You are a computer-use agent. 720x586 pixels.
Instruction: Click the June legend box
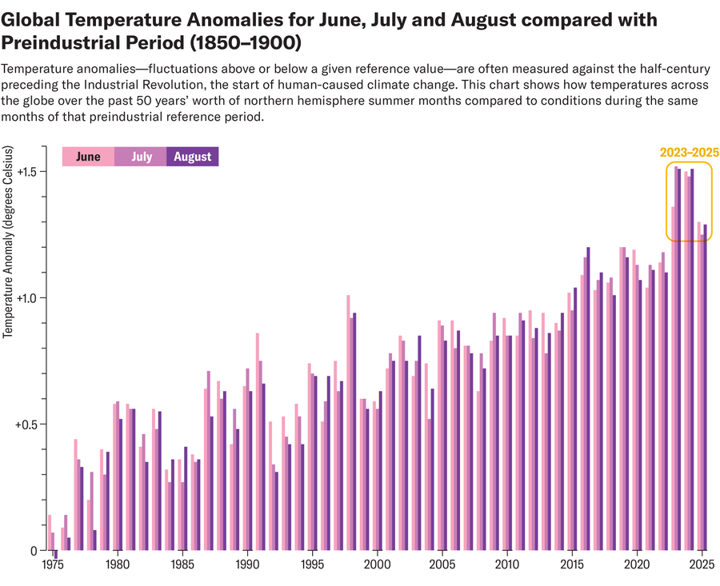[88, 157]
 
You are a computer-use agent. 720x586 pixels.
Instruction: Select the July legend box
[141, 157]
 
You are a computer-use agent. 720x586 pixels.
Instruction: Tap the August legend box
[192, 157]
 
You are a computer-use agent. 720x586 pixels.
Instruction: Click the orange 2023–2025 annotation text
[689, 152]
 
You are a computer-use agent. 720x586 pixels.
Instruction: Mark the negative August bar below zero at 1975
[56, 555]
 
